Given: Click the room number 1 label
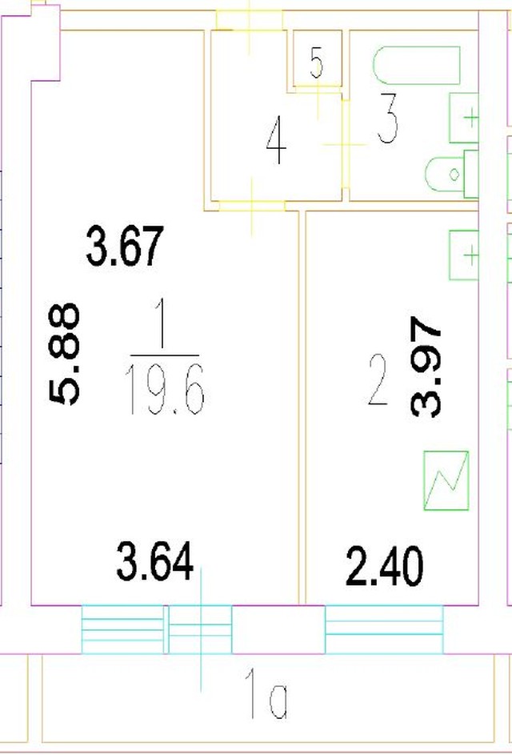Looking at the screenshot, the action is point(162,324).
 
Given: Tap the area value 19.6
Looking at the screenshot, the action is point(165,390).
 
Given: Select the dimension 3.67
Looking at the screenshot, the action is point(126,246).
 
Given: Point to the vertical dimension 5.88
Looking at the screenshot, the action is point(65,354).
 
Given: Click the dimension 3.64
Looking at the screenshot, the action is point(155,561).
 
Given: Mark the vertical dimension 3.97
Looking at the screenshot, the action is point(426,367).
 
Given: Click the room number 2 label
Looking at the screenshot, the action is point(378,380).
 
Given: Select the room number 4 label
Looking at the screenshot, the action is point(276,142).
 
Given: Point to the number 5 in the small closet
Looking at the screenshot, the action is point(316,63).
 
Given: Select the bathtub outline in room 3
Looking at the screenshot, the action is point(417,65).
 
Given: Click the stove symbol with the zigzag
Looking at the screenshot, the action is point(446,480).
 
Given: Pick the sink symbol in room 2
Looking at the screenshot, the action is point(464,255).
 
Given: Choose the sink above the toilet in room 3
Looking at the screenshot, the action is point(464,118).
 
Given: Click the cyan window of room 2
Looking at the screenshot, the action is point(384,628).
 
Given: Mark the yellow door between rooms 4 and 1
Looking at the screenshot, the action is point(252,206).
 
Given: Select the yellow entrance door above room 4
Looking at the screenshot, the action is point(250,20).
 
